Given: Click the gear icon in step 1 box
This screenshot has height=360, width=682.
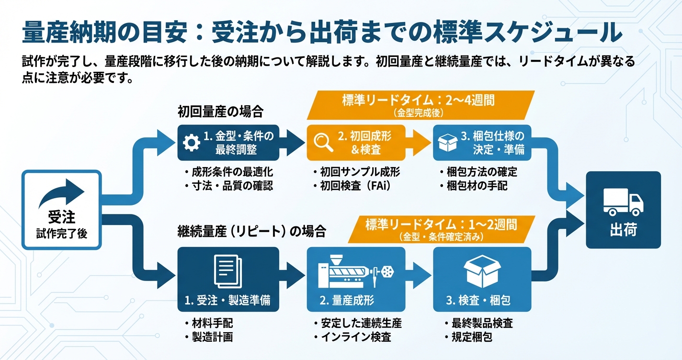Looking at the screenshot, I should coord(192,143).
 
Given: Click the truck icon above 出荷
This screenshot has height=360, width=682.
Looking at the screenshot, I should coord(623,201).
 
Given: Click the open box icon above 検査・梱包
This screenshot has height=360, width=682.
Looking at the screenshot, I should coord(482,271).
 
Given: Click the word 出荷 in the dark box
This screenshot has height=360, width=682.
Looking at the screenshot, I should coord(623,229).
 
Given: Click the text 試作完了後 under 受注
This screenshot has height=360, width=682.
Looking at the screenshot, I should coord(62,234).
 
